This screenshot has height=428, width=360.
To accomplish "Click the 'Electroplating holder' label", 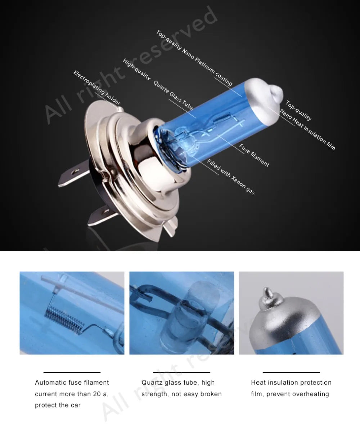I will click(x=97, y=88).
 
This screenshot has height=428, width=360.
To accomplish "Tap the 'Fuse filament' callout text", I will click(x=254, y=155).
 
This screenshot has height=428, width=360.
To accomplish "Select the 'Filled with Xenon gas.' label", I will click(x=231, y=176).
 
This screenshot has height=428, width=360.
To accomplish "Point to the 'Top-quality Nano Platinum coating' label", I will click(x=194, y=58).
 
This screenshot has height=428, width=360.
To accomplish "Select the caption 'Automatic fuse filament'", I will click(x=72, y=382).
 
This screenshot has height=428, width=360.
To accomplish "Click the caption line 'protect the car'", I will click(x=58, y=405).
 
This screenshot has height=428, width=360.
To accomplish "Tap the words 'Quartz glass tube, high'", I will click(x=178, y=382).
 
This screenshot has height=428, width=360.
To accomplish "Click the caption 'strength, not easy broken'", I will click(x=181, y=394).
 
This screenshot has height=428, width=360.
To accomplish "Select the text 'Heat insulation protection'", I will click(x=291, y=382).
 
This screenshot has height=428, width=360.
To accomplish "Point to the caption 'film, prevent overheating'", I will click(x=290, y=394).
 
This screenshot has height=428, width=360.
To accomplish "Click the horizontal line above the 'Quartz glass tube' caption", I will click(x=181, y=372).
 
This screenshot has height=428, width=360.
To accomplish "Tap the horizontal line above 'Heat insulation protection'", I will click(x=291, y=372).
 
